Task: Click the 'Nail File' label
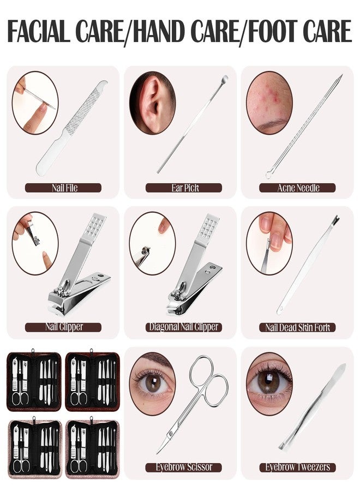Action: point(64,188)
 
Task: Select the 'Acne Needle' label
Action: point(297,188)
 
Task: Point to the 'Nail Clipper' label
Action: point(64,327)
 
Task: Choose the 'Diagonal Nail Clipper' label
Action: point(184,327)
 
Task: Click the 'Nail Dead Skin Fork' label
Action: point(297,327)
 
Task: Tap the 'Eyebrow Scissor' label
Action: point(184,467)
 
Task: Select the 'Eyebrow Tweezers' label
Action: point(297,467)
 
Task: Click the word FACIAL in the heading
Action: point(38,31)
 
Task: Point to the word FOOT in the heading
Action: point(272,31)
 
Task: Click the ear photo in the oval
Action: point(152,103)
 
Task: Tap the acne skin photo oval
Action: point(269,103)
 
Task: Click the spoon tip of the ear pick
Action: point(224,79)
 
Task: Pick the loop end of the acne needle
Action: point(269,175)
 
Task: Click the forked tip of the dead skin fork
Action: point(336,218)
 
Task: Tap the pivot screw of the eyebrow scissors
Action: point(171,434)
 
